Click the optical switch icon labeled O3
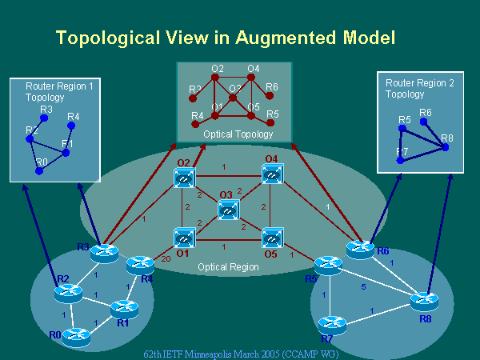point(227,210)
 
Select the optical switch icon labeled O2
point(184,179)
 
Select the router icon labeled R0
point(77,336)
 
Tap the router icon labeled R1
point(122,306)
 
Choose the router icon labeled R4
point(140,265)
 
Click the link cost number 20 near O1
point(166,258)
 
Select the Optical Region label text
point(228,266)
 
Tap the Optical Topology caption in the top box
point(238,134)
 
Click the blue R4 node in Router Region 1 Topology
point(72,126)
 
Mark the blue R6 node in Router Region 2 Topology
point(424,122)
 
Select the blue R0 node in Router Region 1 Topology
point(39,170)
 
